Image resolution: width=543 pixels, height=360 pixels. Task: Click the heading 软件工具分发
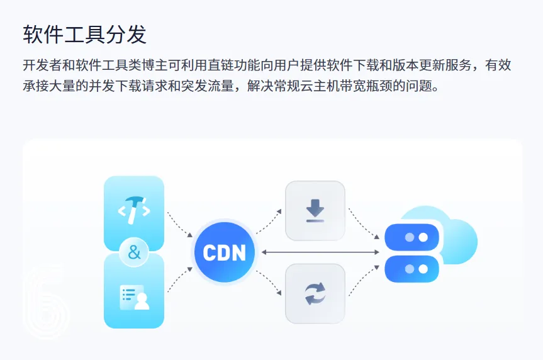[85, 34]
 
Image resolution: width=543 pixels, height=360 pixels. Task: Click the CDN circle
[224, 253]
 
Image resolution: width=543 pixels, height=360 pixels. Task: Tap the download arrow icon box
[315, 211]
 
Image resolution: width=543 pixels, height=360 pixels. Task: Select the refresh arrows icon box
[315, 294]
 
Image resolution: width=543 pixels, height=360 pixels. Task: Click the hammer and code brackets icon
[134, 210]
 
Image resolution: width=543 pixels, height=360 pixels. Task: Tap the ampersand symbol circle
[134, 253]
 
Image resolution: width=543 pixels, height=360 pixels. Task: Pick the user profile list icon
[134, 296]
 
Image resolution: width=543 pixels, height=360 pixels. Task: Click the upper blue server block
[412, 237]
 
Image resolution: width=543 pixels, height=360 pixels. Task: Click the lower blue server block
[412, 269]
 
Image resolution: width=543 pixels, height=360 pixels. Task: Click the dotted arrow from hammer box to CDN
[179, 224]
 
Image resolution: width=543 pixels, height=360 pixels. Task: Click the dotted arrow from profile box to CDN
[179, 281]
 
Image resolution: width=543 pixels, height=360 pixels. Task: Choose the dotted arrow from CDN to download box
[269, 220]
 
